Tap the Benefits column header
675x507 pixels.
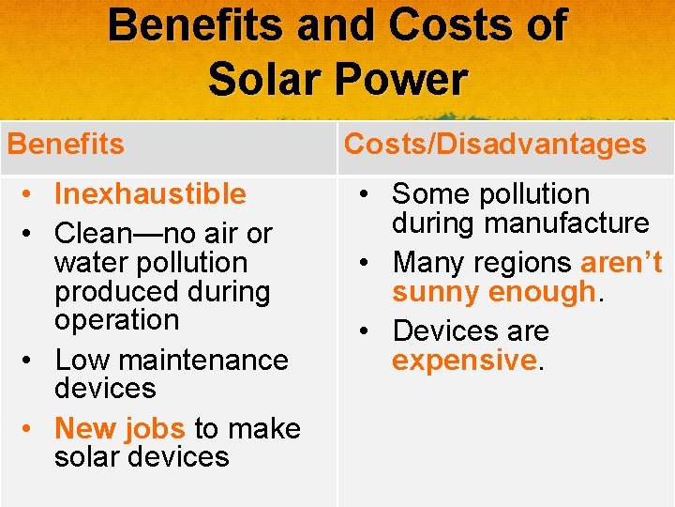tap(66, 144)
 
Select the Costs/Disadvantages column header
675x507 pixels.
tap(495, 144)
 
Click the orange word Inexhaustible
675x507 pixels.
tap(150, 193)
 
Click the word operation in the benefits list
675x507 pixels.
tap(116, 319)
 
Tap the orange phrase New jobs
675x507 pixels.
tap(120, 428)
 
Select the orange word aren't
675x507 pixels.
tap(622, 262)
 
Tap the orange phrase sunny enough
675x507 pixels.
tap(493, 292)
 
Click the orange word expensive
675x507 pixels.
tap(463, 361)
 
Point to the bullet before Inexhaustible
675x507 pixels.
tap(32, 193)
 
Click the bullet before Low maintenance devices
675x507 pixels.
tap(32, 360)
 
